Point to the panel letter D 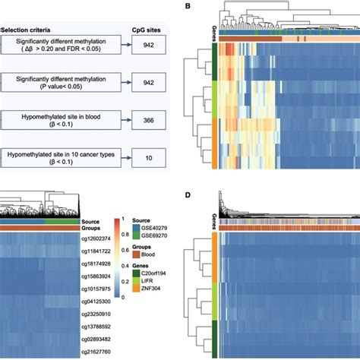pos(187,194)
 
